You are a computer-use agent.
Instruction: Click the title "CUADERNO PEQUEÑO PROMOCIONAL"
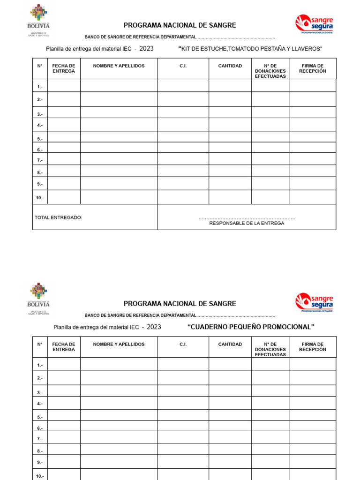250,327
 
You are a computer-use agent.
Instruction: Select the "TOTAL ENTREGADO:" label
59,217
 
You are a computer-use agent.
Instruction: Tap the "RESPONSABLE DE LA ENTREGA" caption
247,223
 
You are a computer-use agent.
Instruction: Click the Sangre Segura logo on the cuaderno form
314,302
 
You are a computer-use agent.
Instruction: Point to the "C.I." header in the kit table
183,66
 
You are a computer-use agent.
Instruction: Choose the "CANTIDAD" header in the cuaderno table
230,345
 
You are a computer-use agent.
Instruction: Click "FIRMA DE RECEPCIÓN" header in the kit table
312,68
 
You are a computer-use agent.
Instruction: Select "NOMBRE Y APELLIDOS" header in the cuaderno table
119,345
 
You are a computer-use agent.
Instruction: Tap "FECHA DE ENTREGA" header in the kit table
64,68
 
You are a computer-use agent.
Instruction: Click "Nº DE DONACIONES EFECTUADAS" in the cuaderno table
270,349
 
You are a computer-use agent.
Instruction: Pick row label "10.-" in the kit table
40,198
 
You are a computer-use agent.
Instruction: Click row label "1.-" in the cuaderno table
40,365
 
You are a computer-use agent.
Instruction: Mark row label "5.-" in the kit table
40,139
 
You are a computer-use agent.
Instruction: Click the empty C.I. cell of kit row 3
183,112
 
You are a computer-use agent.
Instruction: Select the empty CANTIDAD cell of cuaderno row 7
230,437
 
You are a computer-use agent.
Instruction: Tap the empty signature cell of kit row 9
312,183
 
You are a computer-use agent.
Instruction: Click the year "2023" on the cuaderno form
154,327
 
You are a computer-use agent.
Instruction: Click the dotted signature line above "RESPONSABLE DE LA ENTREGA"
247,218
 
